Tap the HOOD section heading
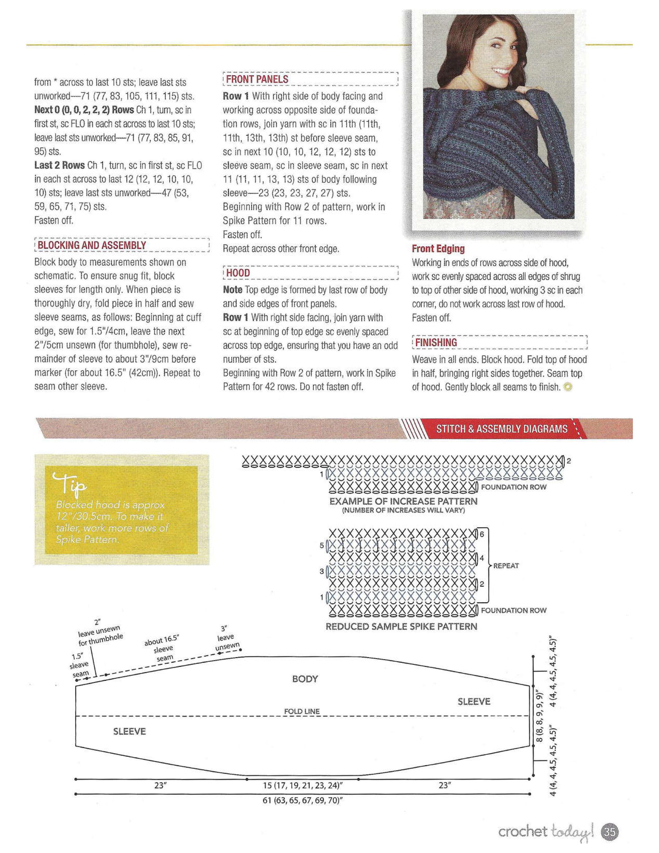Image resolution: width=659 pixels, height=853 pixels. pos(238,273)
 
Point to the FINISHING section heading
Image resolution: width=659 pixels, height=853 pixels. pos(436,342)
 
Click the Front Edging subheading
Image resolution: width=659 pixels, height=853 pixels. pos(438,249)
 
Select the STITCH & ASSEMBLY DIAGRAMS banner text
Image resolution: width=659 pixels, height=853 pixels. pos(502,429)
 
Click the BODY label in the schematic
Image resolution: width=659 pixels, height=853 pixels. pos(305,679)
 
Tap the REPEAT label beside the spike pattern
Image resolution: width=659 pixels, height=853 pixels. pos(506,566)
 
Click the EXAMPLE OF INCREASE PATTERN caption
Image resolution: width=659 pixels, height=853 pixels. pos(403,501)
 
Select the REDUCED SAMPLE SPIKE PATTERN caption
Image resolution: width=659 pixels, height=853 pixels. pos(401,627)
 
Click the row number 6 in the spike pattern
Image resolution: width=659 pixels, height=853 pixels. pos(482,534)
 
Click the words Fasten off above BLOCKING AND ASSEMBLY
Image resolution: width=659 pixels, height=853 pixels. pos(53,220)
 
